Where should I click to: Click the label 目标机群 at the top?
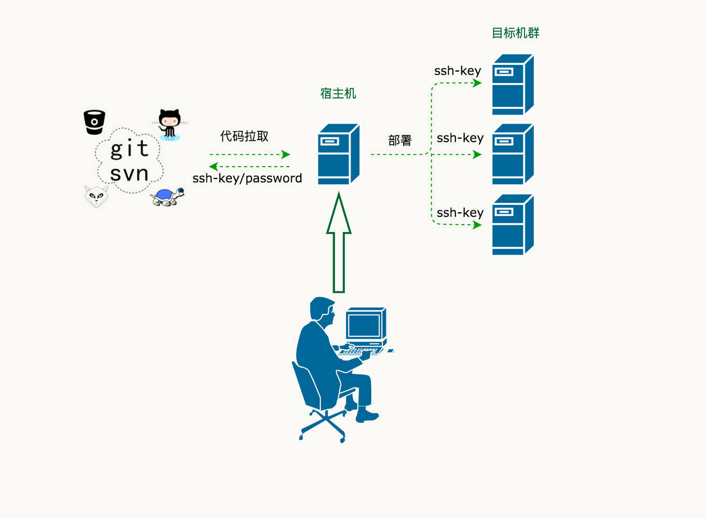[x=515, y=33]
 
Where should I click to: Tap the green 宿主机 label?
[x=338, y=93]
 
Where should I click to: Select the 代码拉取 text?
[x=244, y=136]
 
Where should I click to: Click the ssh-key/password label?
[x=247, y=179]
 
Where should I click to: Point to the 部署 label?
[x=399, y=141]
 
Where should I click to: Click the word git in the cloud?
[x=130, y=149]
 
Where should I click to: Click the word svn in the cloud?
[x=129, y=173]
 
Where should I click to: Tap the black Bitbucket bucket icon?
[x=94, y=122]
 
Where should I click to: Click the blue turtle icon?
[x=167, y=197]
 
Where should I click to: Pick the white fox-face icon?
[x=96, y=196]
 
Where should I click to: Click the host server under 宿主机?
[x=338, y=154]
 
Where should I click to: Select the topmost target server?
[x=513, y=85]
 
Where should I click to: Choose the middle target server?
[x=513, y=154]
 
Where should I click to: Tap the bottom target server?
[x=513, y=225]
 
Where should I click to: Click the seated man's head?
[x=321, y=309]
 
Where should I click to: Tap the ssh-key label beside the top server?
[x=458, y=71]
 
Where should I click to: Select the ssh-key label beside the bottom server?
[x=460, y=213]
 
